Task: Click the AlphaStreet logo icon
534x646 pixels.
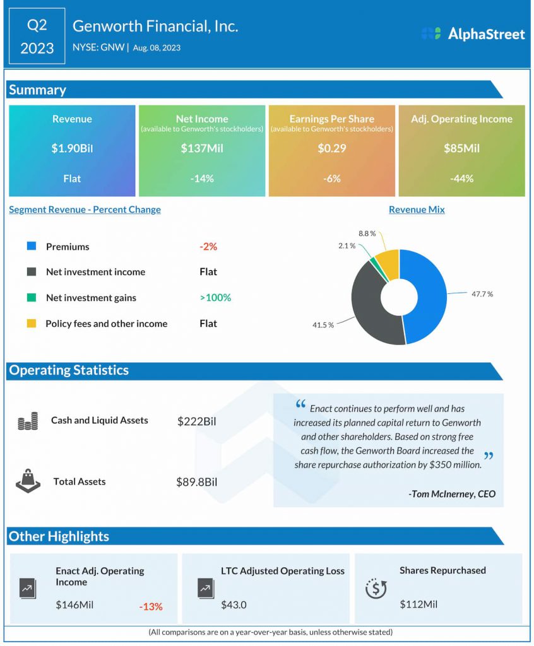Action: pyautogui.click(x=431, y=33)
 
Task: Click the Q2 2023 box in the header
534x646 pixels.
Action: pyautogui.click(x=37, y=36)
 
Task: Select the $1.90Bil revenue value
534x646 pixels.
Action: pyautogui.click(x=72, y=149)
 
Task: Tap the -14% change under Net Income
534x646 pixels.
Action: pyautogui.click(x=202, y=179)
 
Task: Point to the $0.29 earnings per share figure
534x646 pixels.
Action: pyautogui.click(x=331, y=149)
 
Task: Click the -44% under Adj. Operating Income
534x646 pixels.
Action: pyautogui.click(x=461, y=179)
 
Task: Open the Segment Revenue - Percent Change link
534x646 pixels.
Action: pyautogui.click(x=85, y=209)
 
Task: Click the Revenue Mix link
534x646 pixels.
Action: pyautogui.click(x=417, y=209)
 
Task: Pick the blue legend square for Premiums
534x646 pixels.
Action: pyautogui.click(x=32, y=247)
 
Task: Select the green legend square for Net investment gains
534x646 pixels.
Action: pyautogui.click(x=32, y=298)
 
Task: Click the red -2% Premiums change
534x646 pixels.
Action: pyautogui.click(x=208, y=247)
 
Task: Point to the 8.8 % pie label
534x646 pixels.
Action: pyautogui.click(x=367, y=233)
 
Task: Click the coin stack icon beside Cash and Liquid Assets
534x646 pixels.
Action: pyautogui.click(x=28, y=421)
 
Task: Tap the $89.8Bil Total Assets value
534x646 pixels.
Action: pyautogui.click(x=196, y=482)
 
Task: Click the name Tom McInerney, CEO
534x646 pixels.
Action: pyautogui.click(x=452, y=494)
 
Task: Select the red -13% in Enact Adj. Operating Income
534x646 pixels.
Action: pyautogui.click(x=151, y=607)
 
